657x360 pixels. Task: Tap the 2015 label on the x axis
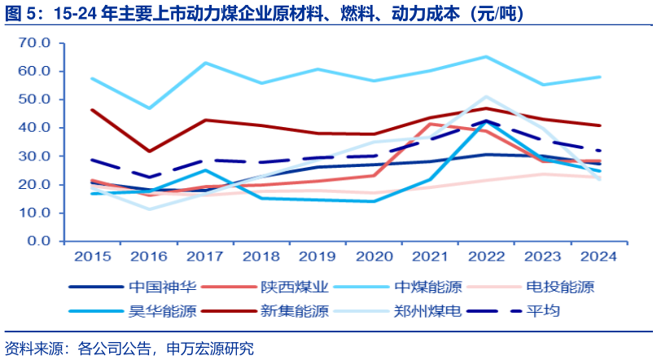pos(92,256)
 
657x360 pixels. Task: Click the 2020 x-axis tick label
pos(373,256)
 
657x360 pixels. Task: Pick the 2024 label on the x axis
pos(598,256)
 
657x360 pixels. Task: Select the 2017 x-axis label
pos(204,256)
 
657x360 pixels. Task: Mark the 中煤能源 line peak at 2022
pos(487,56)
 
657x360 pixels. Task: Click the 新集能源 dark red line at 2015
pos(92,110)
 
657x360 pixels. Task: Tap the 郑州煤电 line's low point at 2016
pos(148,209)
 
